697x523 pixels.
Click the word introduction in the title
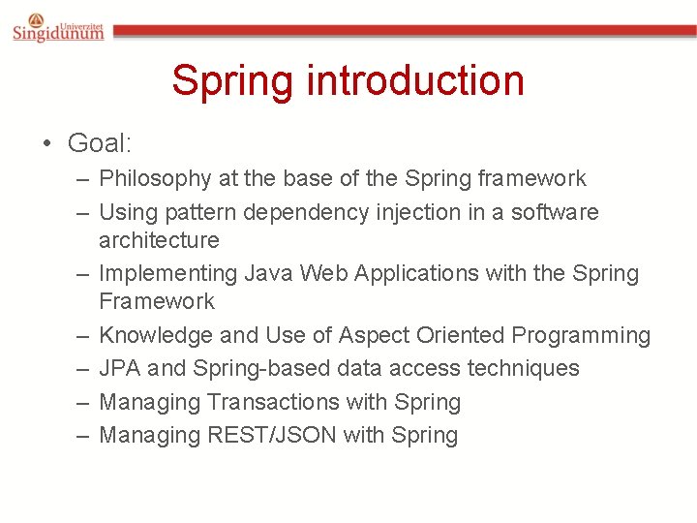coord(414,80)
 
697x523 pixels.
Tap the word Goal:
coord(100,143)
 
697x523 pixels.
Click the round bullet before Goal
coord(45,144)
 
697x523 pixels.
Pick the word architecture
coord(159,239)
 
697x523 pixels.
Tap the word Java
coord(268,273)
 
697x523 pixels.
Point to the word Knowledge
coord(156,335)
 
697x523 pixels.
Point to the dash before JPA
coord(83,369)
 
